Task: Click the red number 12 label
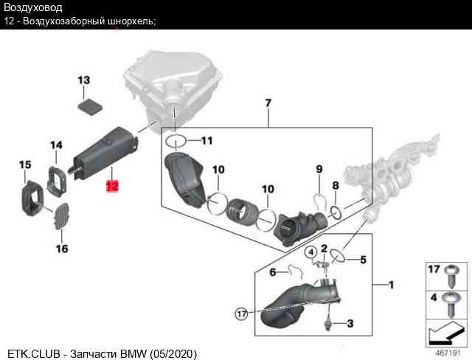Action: click(112, 186)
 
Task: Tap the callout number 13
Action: click(83, 80)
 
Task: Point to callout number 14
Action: click(56, 145)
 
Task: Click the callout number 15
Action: click(25, 164)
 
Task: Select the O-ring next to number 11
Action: click(175, 140)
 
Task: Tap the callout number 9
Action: click(319, 169)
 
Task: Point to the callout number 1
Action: click(391, 284)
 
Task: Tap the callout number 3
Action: click(350, 323)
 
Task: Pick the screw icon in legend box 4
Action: click(452, 302)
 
